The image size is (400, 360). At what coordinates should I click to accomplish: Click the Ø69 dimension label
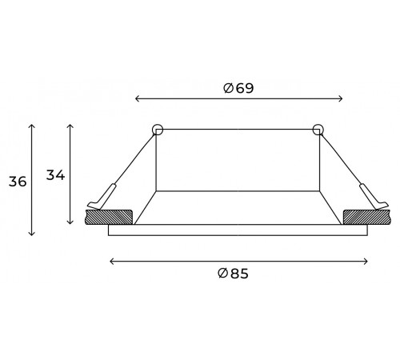pyautogui.click(x=238, y=88)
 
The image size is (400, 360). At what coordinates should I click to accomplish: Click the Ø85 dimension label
pyautogui.click(x=233, y=273)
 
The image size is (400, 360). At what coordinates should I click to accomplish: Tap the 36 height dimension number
pyautogui.click(x=18, y=182)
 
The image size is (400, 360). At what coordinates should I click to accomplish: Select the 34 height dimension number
pyautogui.click(x=55, y=174)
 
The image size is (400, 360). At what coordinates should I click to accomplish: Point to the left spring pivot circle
pyautogui.click(x=157, y=129)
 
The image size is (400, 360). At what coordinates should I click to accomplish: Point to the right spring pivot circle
pyautogui.click(x=318, y=129)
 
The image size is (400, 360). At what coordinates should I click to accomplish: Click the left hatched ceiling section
pyautogui.click(x=108, y=216)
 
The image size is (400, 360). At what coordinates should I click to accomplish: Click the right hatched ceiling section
pyautogui.click(x=366, y=216)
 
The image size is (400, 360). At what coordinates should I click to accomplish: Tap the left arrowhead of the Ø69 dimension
pyautogui.click(x=136, y=99)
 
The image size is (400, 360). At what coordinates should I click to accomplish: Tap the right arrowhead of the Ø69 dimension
pyautogui.click(x=341, y=99)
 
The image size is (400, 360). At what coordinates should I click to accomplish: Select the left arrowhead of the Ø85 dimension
pyautogui.click(x=110, y=260)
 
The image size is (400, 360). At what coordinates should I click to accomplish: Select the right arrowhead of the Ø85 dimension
pyautogui.click(x=366, y=260)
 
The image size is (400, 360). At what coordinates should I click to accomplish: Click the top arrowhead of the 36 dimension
pyautogui.click(x=32, y=126)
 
